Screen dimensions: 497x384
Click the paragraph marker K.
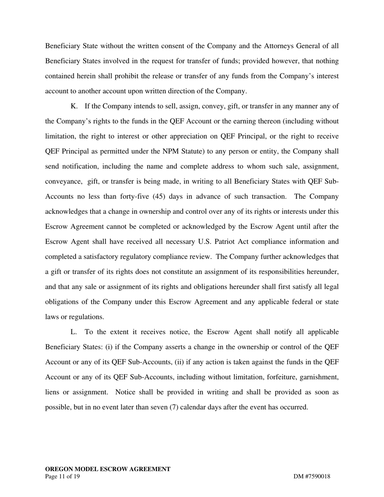(74, 106)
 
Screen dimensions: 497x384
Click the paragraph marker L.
(74, 332)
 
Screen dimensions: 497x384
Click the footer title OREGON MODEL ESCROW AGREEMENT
(108, 469)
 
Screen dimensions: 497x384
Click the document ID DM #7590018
(312, 476)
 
